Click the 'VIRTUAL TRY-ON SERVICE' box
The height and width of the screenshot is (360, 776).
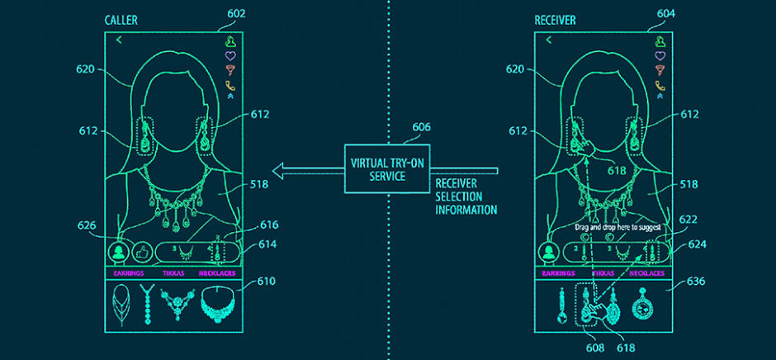pyautogui.click(x=386, y=168)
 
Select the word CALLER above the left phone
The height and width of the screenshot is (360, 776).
pyautogui.click(x=122, y=19)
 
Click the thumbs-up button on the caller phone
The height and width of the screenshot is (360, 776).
pyautogui.click(x=143, y=251)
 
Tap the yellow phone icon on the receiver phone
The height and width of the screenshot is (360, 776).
pyautogui.click(x=660, y=84)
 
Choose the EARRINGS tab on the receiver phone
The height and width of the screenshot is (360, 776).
pyautogui.click(x=559, y=272)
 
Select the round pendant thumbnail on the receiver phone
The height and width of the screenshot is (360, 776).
pyautogui.click(x=641, y=306)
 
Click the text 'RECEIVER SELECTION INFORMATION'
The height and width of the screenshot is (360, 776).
pyautogui.click(x=466, y=197)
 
